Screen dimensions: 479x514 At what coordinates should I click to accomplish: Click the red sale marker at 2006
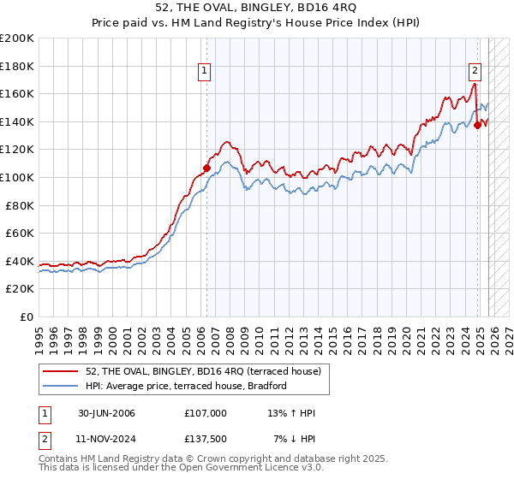click(x=206, y=168)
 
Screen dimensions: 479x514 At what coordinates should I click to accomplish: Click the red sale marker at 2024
click(x=478, y=125)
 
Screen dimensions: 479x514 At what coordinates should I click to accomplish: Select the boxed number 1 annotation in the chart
click(x=206, y=72)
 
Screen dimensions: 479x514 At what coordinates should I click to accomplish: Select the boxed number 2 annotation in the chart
click(x=475, y=72)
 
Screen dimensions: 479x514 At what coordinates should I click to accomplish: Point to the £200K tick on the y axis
click(x=17, y=38)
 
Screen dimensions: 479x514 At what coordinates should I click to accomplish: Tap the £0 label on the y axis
click(x=27, y=316)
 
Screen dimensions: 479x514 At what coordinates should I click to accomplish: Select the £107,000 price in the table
click(x=206, y=413)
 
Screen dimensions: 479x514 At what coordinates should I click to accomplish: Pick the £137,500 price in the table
click(x=206, y=438)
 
